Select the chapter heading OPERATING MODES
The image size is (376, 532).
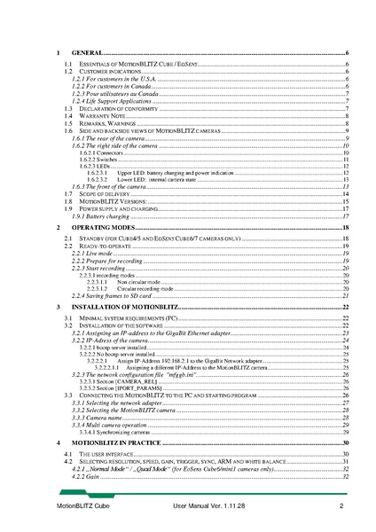pyautogui.click(x=101, y=228)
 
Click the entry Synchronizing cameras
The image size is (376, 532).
pyautogui.click(x=116, y=431)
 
